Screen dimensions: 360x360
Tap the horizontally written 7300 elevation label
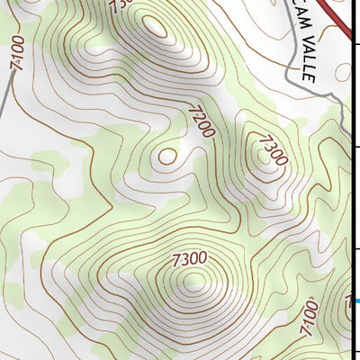(190, 259)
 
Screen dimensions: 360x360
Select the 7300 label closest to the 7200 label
(271, 150)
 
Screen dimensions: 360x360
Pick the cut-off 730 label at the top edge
(121, 6)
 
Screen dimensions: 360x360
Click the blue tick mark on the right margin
(356, 301)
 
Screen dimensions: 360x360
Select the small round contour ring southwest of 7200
(166, 156)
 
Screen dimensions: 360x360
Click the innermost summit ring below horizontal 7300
(192, 283)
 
